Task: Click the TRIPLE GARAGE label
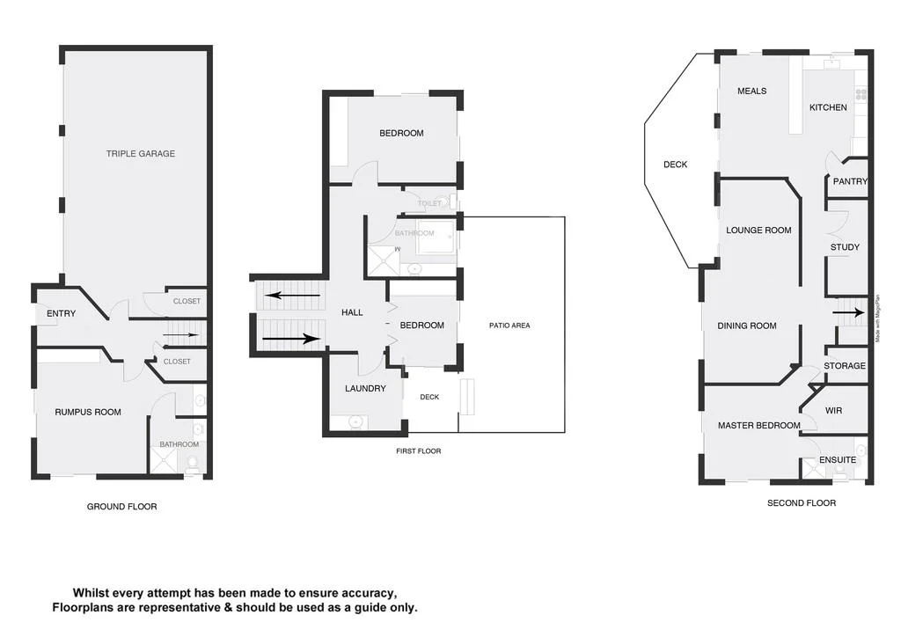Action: tap(140, 154)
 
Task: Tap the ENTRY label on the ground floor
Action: tap(61, 314)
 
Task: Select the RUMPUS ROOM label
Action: tap(88, 413)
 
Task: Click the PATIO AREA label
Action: tap(509, 326)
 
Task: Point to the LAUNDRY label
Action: tap(365, 389)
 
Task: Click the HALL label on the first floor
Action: tap(352, 312)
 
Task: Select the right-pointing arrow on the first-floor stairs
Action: tap(291, 338)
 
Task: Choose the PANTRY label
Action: tap(850, 182)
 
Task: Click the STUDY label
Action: tap(845, 248)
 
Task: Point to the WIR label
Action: tap(834, 411)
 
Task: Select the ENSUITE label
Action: tap(837, 460)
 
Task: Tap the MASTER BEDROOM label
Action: tap(758, 426)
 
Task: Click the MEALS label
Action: tap(751, 92)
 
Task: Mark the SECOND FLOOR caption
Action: tap(802, 503)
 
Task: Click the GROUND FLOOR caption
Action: tap(121, 507)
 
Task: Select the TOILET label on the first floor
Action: tap(429, 203)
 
